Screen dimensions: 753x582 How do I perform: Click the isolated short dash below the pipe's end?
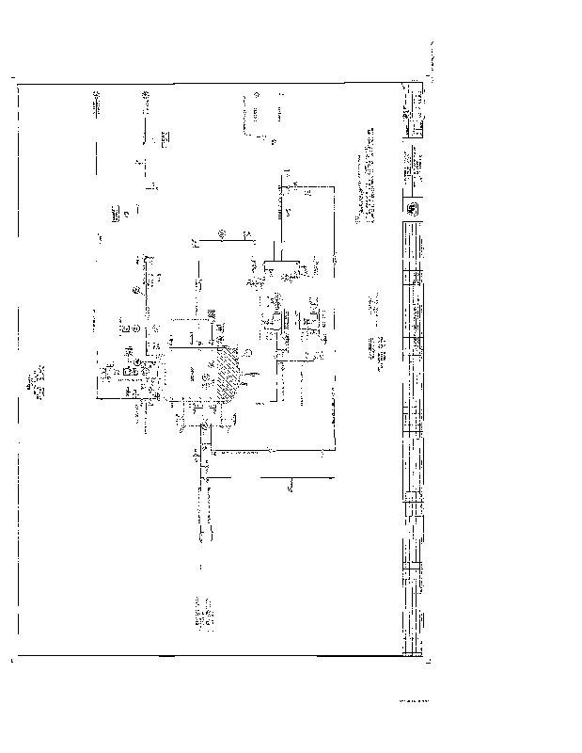(201, 567)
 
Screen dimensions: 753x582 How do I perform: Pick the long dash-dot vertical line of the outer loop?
(334, 311)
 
